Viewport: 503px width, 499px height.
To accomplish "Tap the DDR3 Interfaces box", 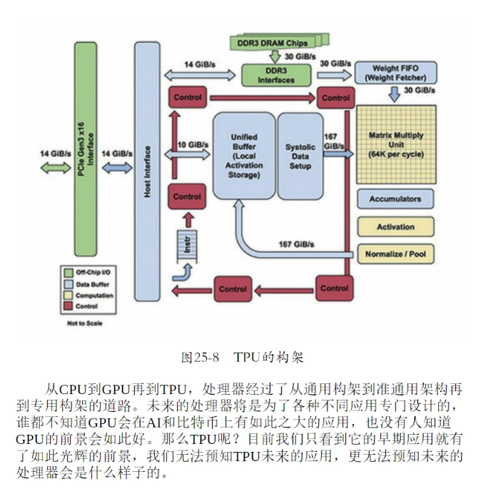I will pos(276,75).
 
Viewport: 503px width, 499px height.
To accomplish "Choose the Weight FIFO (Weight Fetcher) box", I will pos(390,73).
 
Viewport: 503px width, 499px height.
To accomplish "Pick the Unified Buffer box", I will pos(244,156).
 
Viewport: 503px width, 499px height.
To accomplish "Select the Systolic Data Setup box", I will pos(300,156).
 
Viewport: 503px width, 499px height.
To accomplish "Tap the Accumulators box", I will pos(395,199).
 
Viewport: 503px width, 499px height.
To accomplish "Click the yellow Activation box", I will pos(395,227).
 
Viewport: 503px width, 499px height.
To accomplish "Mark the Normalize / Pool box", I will pos(395,254).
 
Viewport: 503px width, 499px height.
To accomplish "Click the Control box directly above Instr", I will pos(187,196).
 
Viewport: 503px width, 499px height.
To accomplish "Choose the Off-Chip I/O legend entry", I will pos(89,272).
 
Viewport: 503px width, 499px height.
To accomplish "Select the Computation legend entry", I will pos(89,296).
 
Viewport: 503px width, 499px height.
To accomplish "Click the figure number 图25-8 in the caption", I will pos(200,356).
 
